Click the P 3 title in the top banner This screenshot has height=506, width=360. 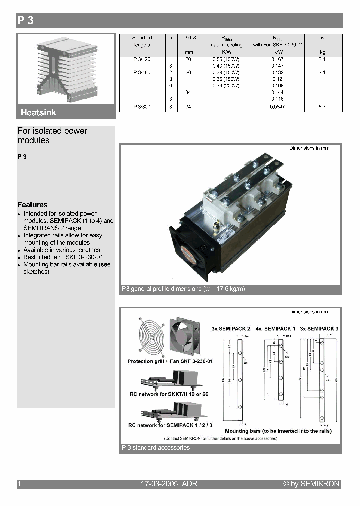pos(25,21)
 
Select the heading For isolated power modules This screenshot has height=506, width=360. pos(52,136)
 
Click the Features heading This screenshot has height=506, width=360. pos(33,205)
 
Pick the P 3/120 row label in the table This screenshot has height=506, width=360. pos(142,59)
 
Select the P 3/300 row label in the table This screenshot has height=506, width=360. pos(142,107)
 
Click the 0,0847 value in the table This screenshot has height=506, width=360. pos(277,107)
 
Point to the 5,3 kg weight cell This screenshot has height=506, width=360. pos(322,107)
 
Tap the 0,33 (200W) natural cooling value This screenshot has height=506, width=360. pos(226,86)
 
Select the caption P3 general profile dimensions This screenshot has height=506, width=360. pos(183,289)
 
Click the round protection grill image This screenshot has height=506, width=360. pos(149,338)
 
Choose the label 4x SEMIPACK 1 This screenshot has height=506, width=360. pos(276,328)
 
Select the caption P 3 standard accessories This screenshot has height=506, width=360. pos(156,448)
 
